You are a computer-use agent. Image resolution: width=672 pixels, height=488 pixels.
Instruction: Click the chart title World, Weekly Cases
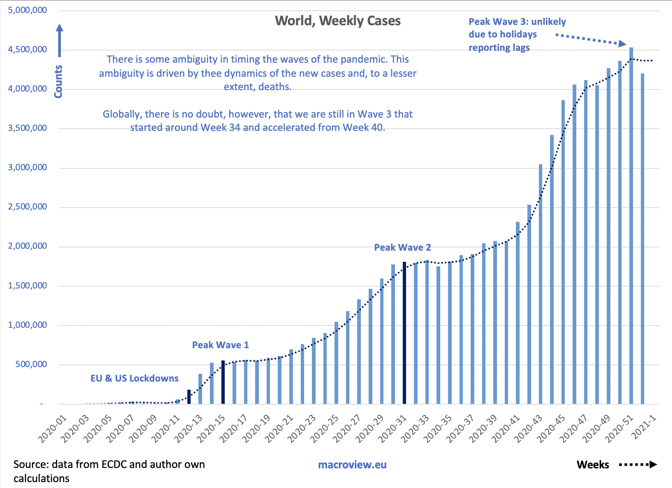(337, 21)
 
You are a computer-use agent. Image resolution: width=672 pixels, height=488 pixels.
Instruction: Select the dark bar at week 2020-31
(404, 334)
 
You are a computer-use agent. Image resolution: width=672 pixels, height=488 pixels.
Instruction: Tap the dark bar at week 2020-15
(223, 382)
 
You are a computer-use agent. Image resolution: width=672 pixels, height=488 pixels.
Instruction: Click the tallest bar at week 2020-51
(631, 226)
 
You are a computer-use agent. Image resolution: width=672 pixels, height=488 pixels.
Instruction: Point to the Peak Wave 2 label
(402, 247)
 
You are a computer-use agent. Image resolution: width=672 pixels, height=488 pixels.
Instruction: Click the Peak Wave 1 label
(220, 345)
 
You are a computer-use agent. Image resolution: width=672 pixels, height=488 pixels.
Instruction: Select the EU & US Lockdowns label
(134, 378)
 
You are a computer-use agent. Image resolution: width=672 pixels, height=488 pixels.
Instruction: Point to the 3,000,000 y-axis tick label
(27, 167)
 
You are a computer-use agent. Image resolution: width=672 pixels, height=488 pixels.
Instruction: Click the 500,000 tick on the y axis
(31, 364)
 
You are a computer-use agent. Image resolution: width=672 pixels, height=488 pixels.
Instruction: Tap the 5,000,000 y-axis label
(27, 10)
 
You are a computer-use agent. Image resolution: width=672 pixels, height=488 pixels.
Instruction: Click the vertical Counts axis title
(58, 82)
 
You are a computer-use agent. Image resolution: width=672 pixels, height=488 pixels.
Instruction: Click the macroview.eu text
(352, 465)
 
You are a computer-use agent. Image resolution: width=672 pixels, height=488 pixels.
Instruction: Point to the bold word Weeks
(593, 465)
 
